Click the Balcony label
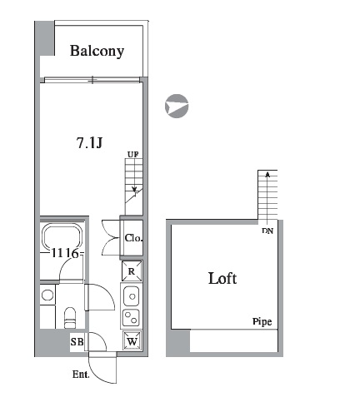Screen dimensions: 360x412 [97, 51]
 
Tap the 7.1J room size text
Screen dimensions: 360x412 [89, 143]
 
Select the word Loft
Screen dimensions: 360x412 [222, 278]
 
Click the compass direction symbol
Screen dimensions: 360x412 [177, 106]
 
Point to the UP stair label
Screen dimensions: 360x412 [132, 154]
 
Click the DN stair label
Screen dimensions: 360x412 [267, 231]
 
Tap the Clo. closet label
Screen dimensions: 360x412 [133, 238]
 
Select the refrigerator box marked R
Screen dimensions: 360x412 [132, 271]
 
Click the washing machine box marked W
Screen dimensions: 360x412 [132, 341]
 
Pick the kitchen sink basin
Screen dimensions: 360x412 [132, 295]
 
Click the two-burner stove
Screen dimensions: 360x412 [131, 317]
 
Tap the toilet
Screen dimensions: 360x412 [70, 318]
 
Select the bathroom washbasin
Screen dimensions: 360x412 [47, 295]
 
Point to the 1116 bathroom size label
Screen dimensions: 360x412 [65, 253]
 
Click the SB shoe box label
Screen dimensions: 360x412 [77, 341]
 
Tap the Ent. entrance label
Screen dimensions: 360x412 [81, 375]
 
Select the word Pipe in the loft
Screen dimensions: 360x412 [262, 322]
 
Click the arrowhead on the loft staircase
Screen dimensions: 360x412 [267, 174]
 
